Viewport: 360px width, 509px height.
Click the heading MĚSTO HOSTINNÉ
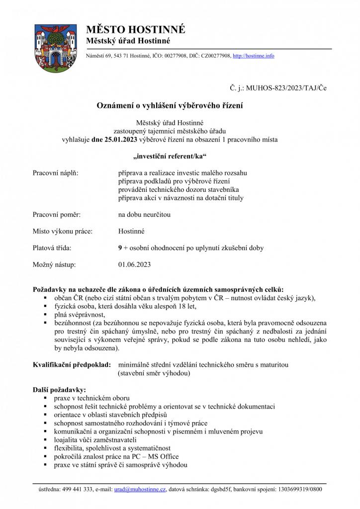136,29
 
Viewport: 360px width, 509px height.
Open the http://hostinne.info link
253,56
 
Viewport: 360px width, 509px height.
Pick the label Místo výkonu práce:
63,231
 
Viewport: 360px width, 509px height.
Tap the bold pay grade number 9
120,248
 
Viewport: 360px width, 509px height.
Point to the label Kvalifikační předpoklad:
72,365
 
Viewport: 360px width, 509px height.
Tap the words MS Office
162,456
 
